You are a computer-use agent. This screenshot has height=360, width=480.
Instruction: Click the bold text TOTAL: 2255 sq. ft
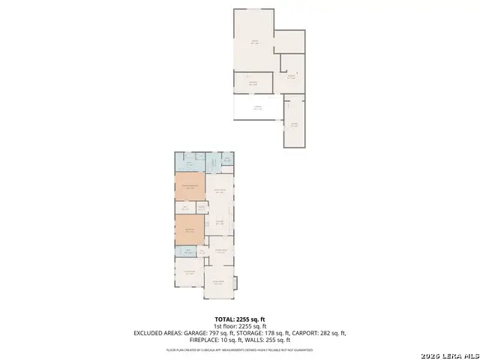(239, 319)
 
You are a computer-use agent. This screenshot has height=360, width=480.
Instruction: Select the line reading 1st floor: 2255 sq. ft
(239, 325)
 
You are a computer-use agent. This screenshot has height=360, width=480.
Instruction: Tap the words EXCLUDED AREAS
(159, 333)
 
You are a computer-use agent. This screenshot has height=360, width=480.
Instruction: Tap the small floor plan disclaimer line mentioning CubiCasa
(239, 349)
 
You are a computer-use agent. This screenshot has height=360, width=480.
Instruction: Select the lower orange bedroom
(190, 229)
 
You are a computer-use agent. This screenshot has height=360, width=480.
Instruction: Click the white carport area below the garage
(256, 108)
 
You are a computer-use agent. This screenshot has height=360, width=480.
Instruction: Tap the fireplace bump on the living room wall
(236, 283)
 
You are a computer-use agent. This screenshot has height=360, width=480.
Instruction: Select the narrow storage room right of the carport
(294, 124)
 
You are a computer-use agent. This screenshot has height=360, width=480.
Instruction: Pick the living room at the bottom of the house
(218, 283)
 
